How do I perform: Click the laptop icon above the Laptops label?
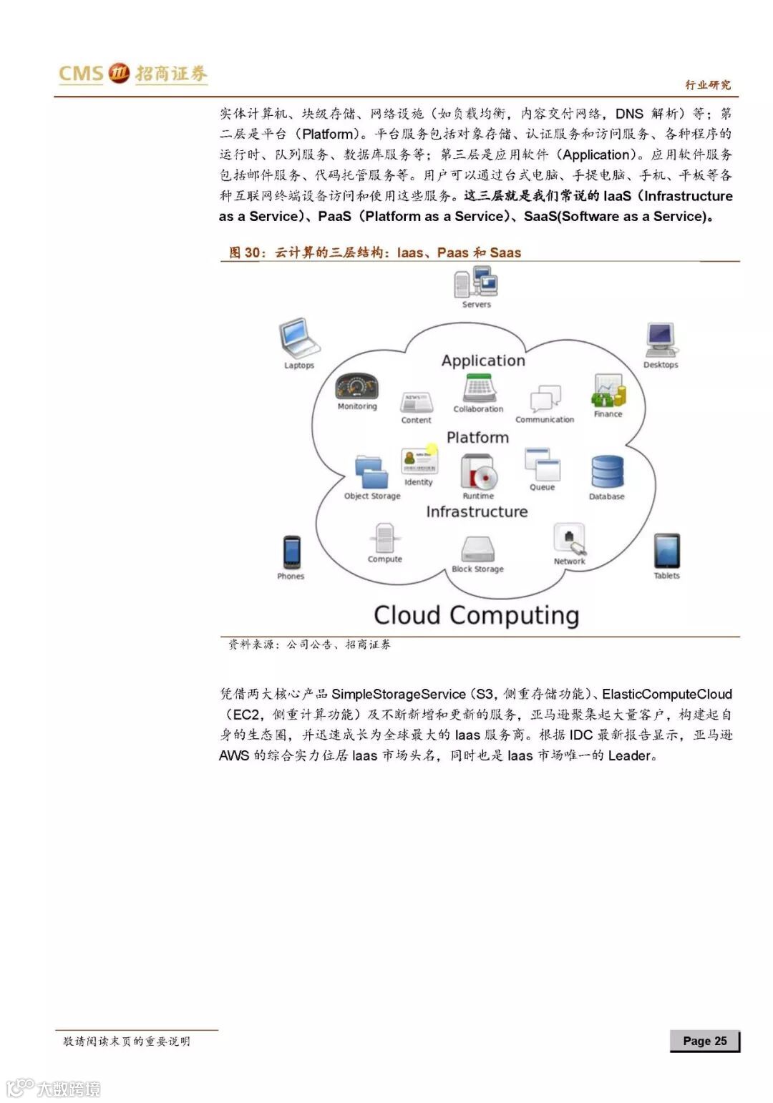point(298,338)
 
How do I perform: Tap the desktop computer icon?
point(660,339)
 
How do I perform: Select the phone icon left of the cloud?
point(291,552)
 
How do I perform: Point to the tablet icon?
point(666,551)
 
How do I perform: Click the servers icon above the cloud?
point(476,282)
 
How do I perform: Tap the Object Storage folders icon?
point(371,472)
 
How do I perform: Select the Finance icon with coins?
point(608,391)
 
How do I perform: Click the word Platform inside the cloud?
point(477,437)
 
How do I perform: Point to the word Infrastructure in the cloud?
point(477,511)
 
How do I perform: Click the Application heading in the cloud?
point(483,361)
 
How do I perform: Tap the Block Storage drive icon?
point(477,549)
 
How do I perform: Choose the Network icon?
point(570,539)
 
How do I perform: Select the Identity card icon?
point(419,461)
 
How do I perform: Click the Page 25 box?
point(704,1041)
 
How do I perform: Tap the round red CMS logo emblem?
point(119,72)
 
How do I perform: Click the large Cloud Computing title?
point(476,615)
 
